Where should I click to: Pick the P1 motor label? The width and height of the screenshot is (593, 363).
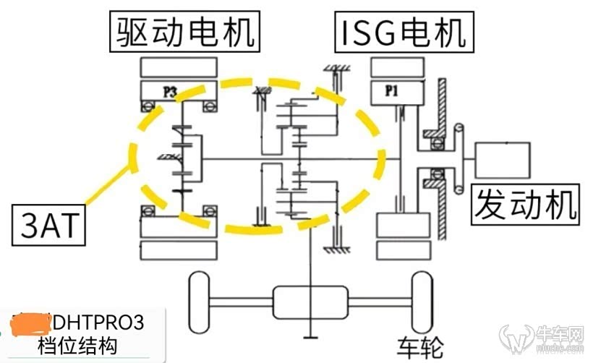[x=391, y=92]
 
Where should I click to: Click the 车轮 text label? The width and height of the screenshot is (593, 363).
[x=420, y=343]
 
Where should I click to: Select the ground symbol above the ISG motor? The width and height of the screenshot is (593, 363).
[x=336, y=71]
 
